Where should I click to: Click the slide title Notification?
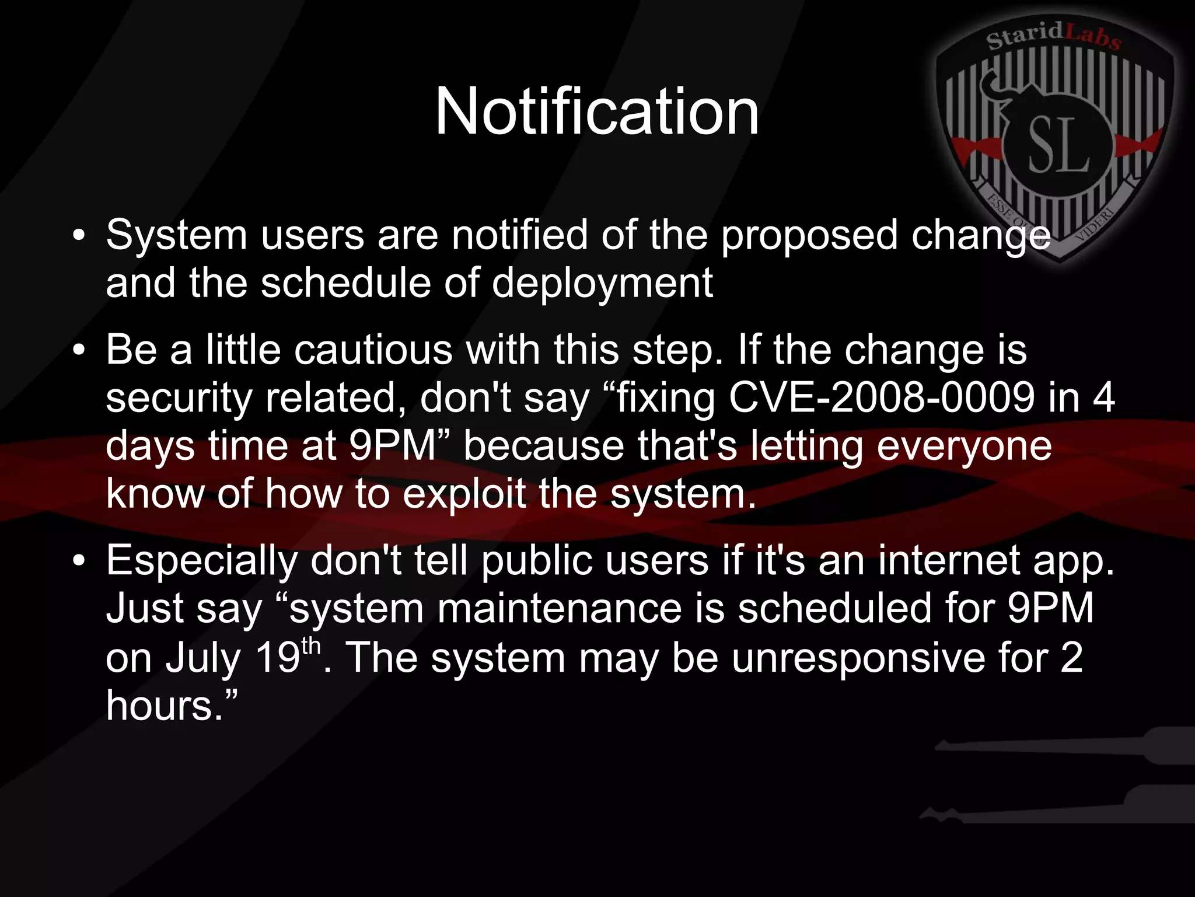tap(597, 111)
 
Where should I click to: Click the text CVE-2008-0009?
tap(882, 399)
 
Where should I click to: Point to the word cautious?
tap(373, 351)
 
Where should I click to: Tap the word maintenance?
tap(560, 609)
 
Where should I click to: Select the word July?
tap(202, 659)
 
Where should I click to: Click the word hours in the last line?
tap(159, 706)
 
